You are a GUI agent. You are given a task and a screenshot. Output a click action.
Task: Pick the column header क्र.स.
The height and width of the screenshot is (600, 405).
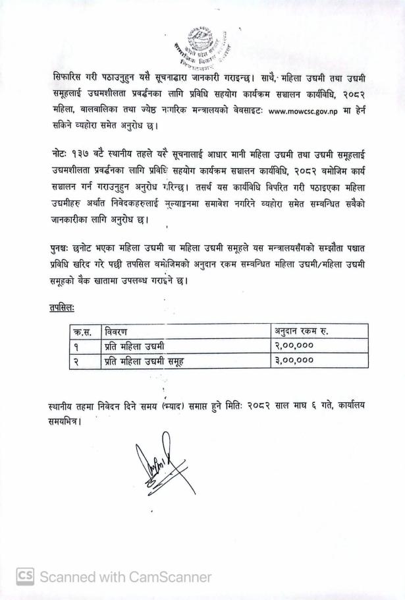point(85,331)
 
